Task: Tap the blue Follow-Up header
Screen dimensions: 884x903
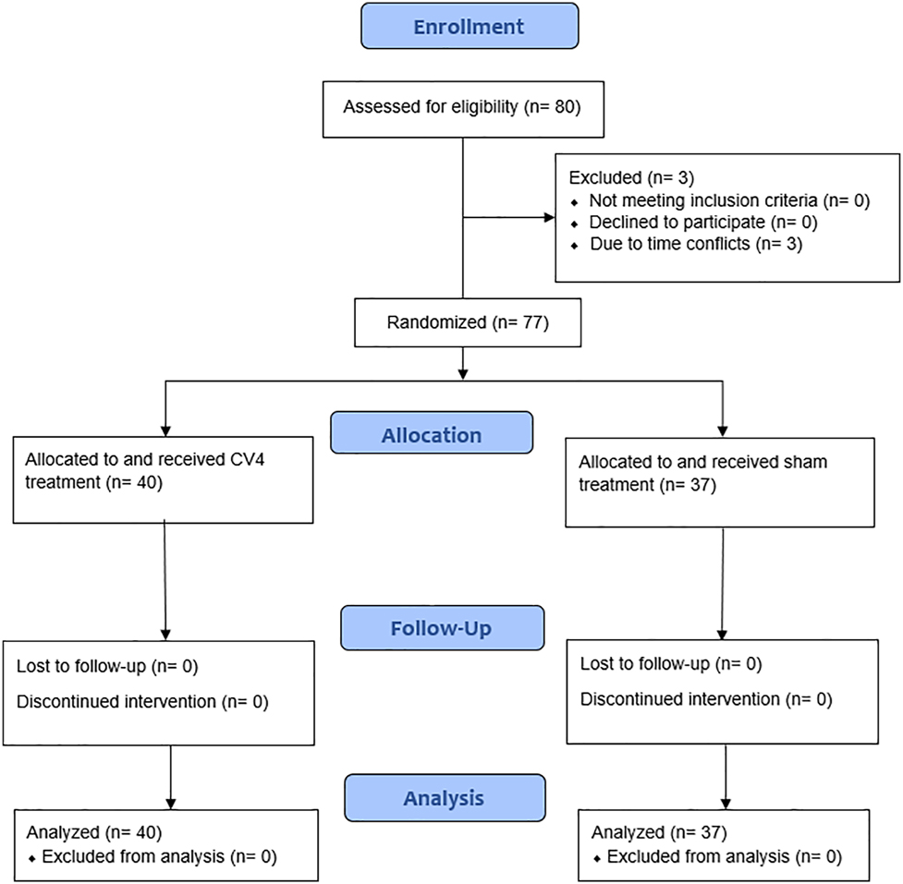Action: point(441,629)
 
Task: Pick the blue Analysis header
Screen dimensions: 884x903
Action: point(444,798)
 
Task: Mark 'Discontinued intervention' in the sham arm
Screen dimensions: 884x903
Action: point(705,699)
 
